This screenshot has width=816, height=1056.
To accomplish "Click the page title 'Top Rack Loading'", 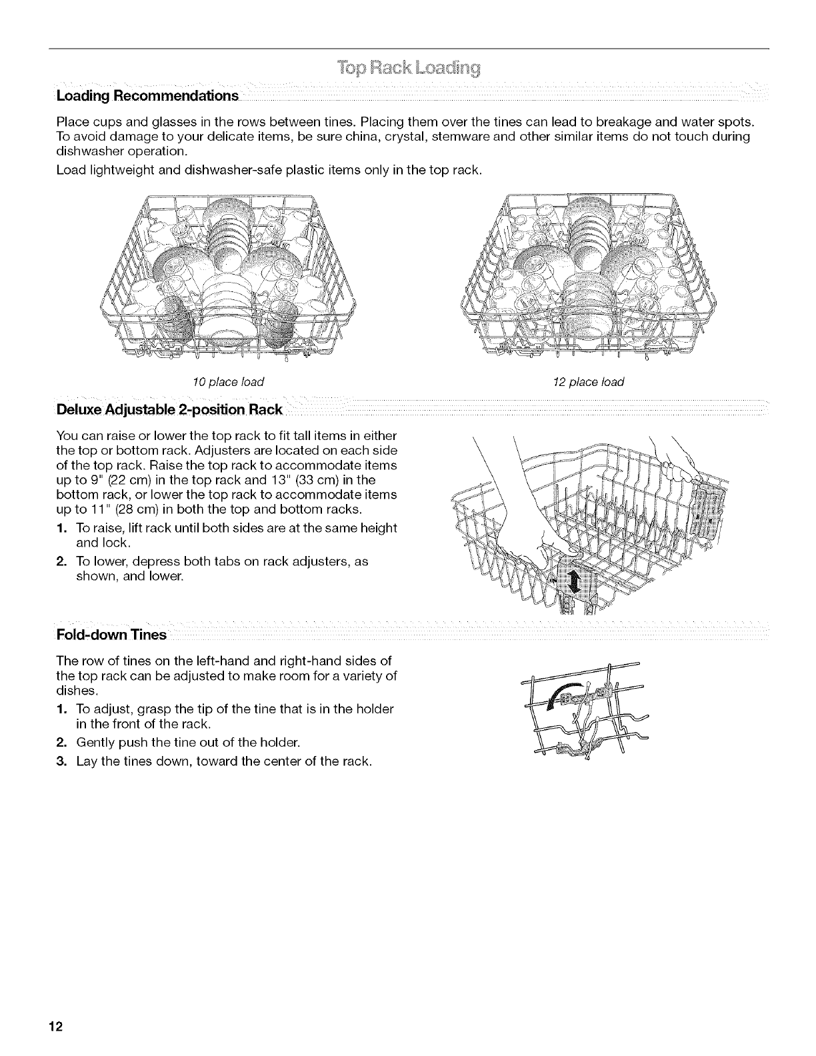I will click(x=409, y=69).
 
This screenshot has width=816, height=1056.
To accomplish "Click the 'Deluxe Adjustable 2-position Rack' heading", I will click(x=170, y=409).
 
